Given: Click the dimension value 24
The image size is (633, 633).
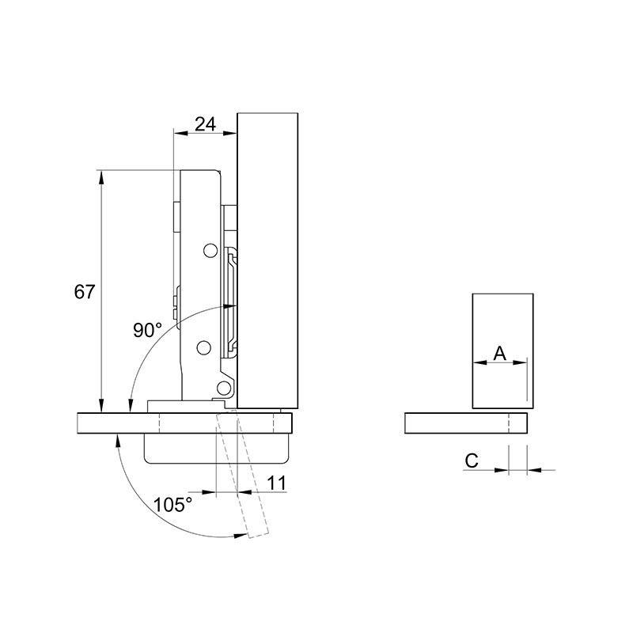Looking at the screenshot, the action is point(205,124).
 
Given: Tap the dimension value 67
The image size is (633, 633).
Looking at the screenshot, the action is point(84,291).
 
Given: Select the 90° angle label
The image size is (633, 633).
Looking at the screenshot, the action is point(148,330).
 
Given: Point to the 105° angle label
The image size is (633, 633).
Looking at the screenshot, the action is point(172,504).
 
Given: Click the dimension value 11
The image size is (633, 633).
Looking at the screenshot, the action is point(276,483).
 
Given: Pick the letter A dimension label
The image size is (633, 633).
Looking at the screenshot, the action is point(500,354).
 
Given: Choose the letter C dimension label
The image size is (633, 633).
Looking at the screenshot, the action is point(472,461).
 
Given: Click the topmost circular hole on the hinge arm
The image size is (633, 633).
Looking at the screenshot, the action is point(210,251).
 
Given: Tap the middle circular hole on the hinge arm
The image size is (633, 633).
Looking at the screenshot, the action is point(204,347).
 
